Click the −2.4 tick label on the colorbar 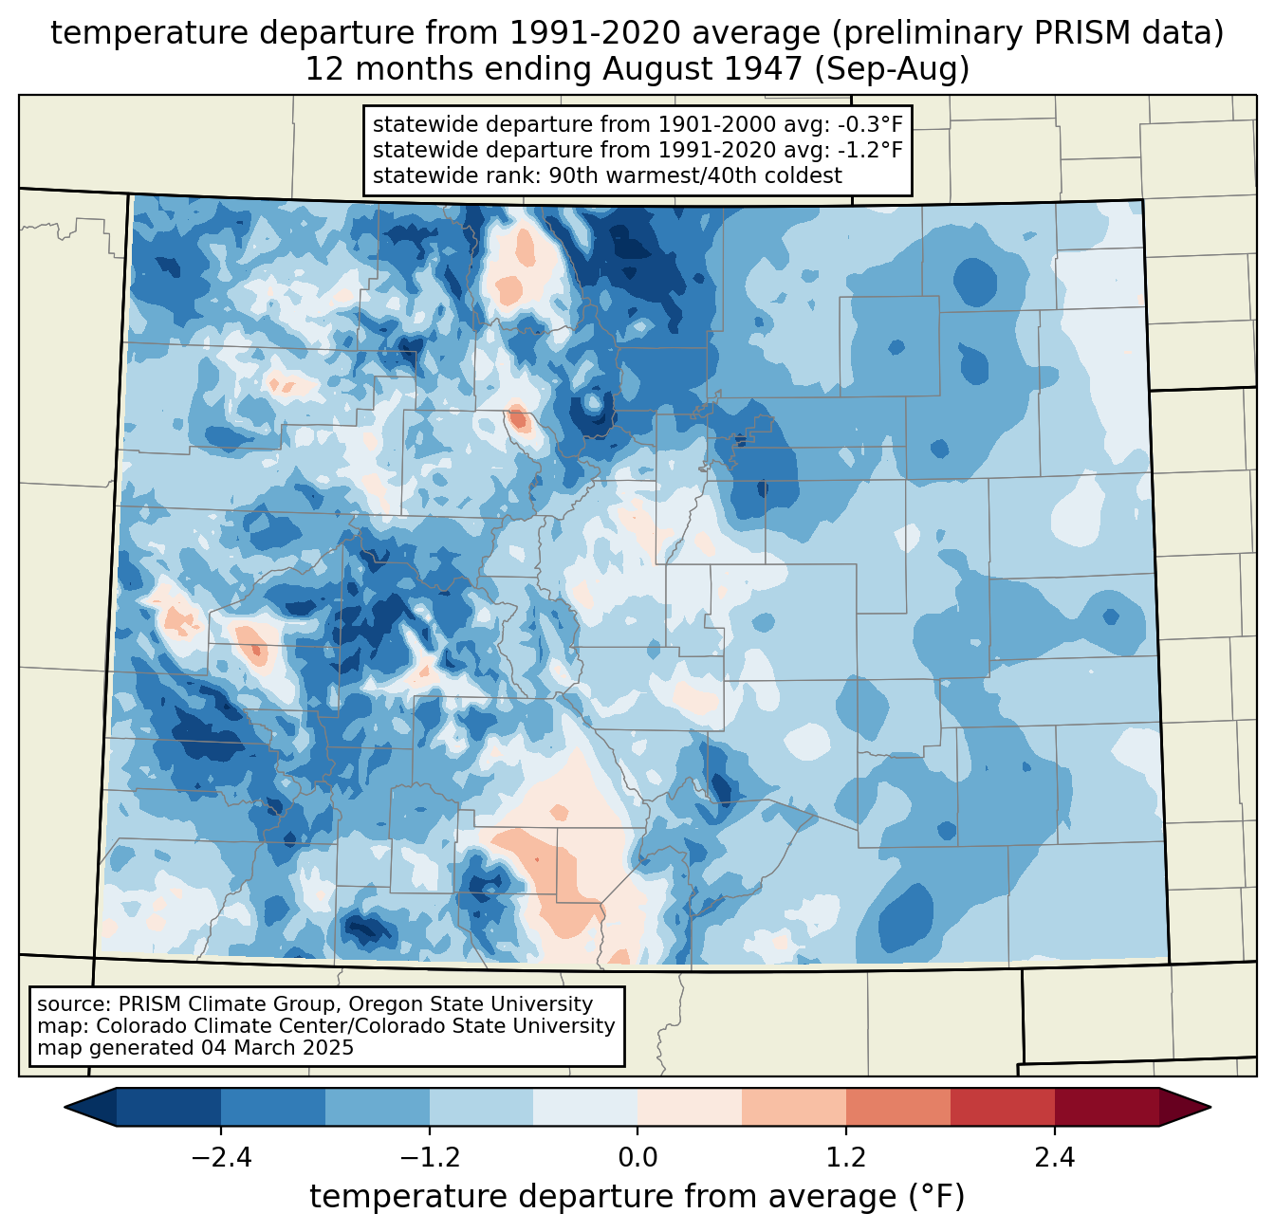(220, 1158)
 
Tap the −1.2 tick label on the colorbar (429, 1158)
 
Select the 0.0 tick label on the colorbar (637, 1158)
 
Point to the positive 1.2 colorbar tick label (846, 1158)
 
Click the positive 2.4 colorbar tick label (1054, 1158)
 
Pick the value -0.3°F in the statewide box (864, 124)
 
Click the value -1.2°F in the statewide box (864, 150)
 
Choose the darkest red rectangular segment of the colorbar (1106, 1107)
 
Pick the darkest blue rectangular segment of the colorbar (169, 1107)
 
